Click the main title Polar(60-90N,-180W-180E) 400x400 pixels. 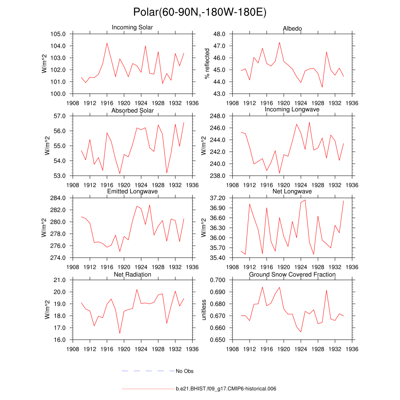click(x=200, y=12)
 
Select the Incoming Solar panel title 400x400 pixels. click(x=132, y=28)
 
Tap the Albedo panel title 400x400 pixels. click(x=292, y=29)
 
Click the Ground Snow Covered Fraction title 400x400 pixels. click(x=292, y=275)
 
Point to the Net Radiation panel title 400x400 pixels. click(x=132, y=275)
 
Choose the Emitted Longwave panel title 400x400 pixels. click(x=132, y=191)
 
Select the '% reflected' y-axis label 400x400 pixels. click(x=207, y=64)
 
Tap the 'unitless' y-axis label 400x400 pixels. click(x=204, y=310)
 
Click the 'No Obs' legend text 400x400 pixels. click(x=184, y=371)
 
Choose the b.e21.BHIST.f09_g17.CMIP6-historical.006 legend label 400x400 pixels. click(x=226, y=389)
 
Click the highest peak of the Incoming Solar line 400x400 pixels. click(x=107, y=43)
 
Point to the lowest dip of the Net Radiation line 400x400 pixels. click(x=120, y=333)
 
